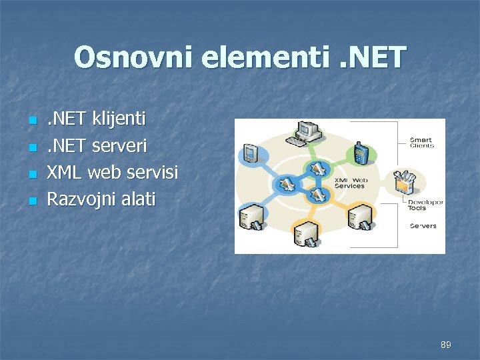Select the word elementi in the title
tap(251, 58)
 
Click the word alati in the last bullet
tap(137, 199)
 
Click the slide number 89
tap(446, 345)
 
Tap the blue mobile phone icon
tap(361, 153)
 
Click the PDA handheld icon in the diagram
tap(251, 154)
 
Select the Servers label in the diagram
tap(423, 225)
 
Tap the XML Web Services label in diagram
tap(349, 183)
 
